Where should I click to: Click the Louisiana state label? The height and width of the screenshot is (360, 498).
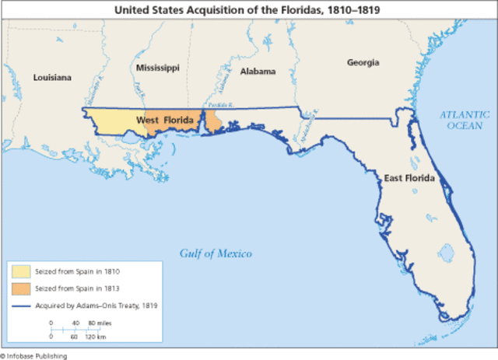[x=52, y=77]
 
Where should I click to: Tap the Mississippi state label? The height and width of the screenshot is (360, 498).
[x=157, y=68]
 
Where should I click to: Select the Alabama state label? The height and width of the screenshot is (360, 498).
[x=258, y=71]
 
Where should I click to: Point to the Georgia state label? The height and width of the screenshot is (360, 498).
[x=363, y=61]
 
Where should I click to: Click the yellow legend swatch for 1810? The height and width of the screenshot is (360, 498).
[x=21, y=271]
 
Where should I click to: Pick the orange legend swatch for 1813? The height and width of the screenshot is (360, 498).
[x=21, y=288]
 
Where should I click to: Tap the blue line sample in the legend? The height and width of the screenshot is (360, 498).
[x=21, y=306]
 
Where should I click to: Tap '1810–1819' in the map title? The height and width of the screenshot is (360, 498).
[x=346, y=10]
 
